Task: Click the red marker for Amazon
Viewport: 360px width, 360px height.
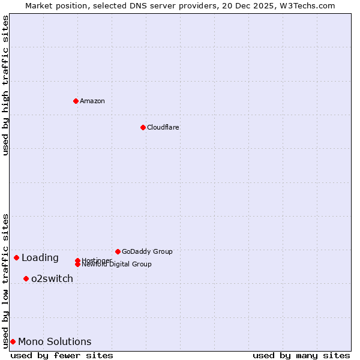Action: (x=76, y=101)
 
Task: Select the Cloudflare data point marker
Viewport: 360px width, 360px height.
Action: (x=143, y=127)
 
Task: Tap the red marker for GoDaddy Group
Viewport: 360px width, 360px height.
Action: (x=118, y=251)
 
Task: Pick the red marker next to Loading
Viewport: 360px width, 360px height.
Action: (x=16, y=257)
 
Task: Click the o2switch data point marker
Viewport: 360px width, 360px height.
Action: (x=26, y=278)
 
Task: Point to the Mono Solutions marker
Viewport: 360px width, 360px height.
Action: (x=13, y=341)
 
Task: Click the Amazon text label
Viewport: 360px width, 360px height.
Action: (x=92, y=101)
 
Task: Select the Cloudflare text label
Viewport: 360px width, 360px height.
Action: (x=163, y=127)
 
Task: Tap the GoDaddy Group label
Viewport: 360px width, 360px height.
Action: (x=147, y=251)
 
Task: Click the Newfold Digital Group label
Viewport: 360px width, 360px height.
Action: (x=116, y=265)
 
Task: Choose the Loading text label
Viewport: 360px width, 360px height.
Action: (x=40, y=258)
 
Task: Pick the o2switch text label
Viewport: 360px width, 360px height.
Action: (x=52, y=279)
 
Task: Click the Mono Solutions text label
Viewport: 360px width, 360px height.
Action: (x=55, y=342)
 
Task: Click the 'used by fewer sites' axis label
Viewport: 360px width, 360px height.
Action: (x=62, y=356)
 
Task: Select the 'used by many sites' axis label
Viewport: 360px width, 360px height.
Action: (x=301, y=356)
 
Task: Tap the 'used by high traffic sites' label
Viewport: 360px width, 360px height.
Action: (x=5, y=85)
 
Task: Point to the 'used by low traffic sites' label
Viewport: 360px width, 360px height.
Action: (x=5, y=281)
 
